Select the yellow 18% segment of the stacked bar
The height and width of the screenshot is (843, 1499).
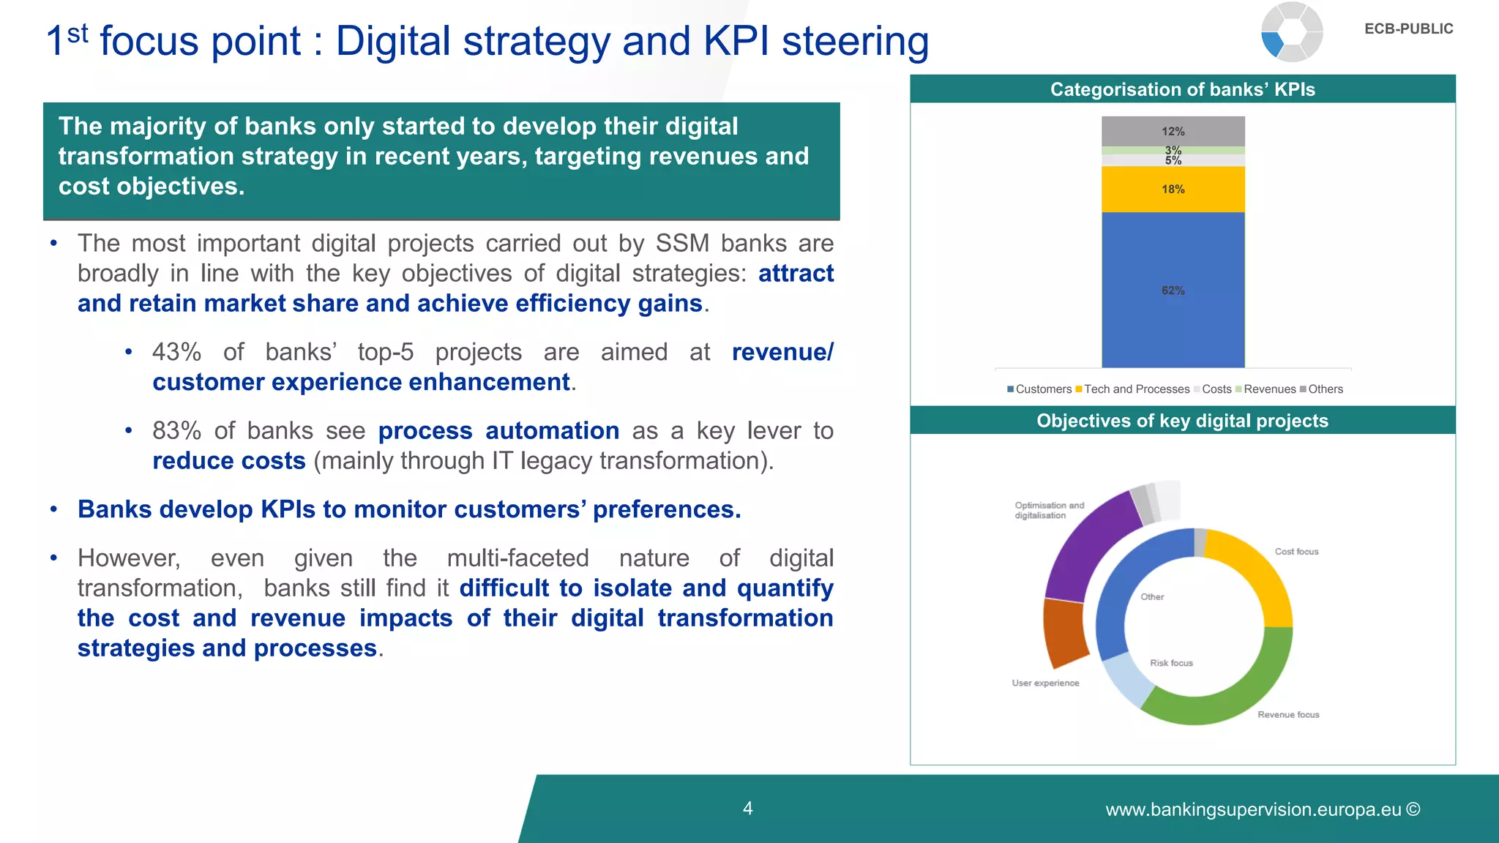(1173, 189)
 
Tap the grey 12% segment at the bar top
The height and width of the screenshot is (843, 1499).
(1173, 131)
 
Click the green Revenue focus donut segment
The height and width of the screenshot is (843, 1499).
(1237, 695)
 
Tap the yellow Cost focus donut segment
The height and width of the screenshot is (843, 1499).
(1255, 571)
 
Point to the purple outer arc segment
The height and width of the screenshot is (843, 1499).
(1083, 542)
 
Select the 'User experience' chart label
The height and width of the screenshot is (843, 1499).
(1045, 683)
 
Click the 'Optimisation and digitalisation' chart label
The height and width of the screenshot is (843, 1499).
(1049, 510)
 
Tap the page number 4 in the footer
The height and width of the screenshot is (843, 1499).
(747, 809)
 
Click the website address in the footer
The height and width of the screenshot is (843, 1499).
(1262, 809)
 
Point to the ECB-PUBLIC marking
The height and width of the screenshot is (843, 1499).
(1408, 29)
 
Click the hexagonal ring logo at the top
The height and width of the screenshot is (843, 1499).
(1292, 32)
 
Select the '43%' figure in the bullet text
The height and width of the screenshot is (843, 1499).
(176, 352)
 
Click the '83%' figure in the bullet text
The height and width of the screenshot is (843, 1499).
(176, 431)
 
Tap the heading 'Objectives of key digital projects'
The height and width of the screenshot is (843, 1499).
(1182, 421)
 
